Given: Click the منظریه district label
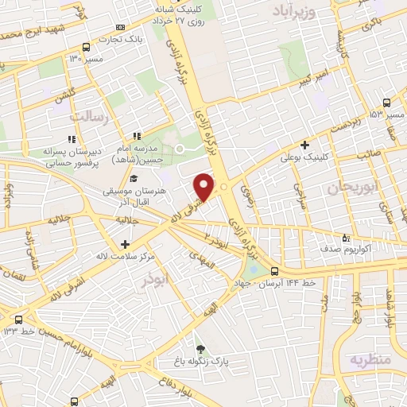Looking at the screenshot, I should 370,360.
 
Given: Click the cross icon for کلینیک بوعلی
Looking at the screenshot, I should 305,145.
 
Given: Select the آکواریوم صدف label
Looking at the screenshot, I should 371,249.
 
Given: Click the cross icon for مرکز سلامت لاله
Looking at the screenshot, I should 124,243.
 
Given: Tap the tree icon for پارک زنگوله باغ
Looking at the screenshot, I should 200,348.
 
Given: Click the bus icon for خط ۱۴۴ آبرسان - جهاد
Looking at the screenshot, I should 274,271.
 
